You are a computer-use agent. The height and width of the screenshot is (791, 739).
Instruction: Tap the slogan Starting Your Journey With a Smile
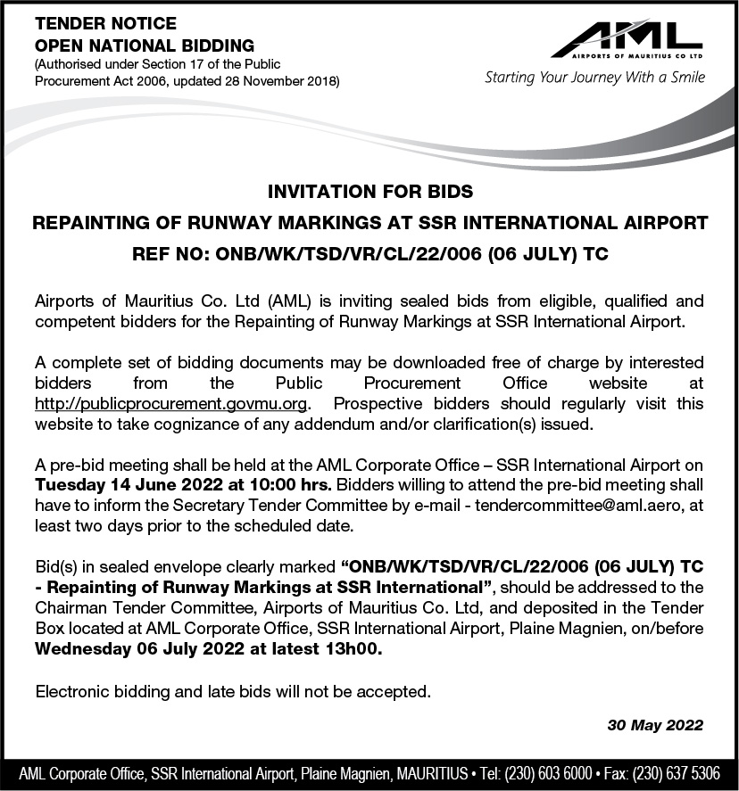coord(594,77)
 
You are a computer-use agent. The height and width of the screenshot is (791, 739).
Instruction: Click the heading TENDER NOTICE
coord(105,23)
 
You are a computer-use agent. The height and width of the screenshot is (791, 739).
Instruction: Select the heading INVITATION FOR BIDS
coord(369,191)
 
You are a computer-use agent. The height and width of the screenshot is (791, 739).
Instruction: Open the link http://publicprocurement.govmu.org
coord(171,403)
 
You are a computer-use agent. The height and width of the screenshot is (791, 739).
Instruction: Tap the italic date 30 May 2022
coord(655,725)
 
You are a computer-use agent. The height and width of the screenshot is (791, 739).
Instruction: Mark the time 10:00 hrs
coord(291,485)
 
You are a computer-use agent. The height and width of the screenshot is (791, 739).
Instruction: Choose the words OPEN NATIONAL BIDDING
coord(145,45)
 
